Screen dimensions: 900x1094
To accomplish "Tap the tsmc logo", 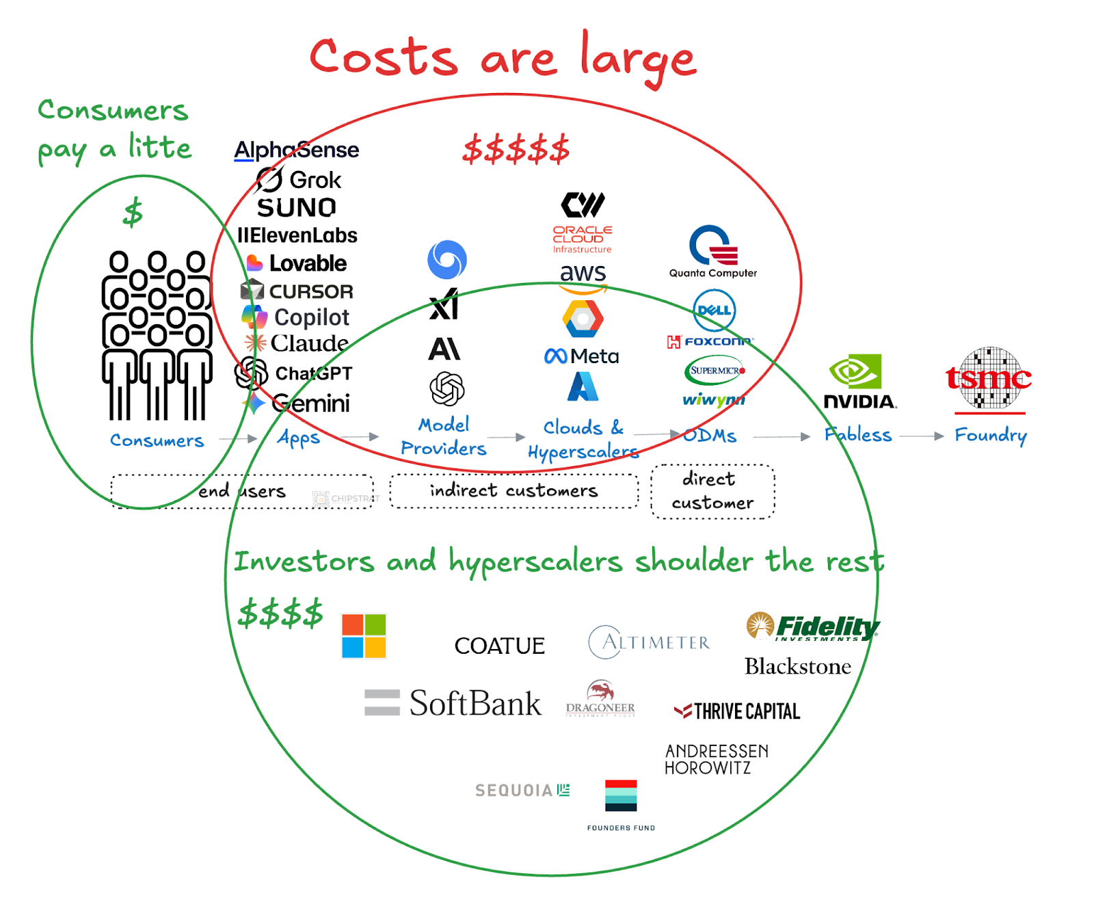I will tap(989, 378).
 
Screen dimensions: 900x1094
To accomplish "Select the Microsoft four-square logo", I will tap(364, 636).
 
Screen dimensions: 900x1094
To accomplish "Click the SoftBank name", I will tap(475, 703).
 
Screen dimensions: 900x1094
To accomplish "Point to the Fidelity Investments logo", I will tap(812, 626).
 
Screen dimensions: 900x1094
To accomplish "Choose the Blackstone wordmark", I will tap(797, 666).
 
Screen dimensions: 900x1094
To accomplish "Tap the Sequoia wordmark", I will tap(522, 791).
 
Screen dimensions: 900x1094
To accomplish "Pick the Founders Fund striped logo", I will tap(621, 796).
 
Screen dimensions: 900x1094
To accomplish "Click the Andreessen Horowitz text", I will tap(717, 759).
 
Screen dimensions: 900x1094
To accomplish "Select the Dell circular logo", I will tap(714, 310).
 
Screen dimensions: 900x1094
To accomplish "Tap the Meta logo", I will tap(582, 356).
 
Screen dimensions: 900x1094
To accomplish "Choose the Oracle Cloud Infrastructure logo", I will tap(582, 239).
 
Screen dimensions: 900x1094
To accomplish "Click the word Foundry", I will tap(990, 436).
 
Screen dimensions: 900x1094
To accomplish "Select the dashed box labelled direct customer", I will tap(712, 491).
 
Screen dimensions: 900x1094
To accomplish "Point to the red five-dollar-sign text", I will tap(516, 149).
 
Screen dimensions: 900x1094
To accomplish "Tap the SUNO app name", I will tap(296, 207).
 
